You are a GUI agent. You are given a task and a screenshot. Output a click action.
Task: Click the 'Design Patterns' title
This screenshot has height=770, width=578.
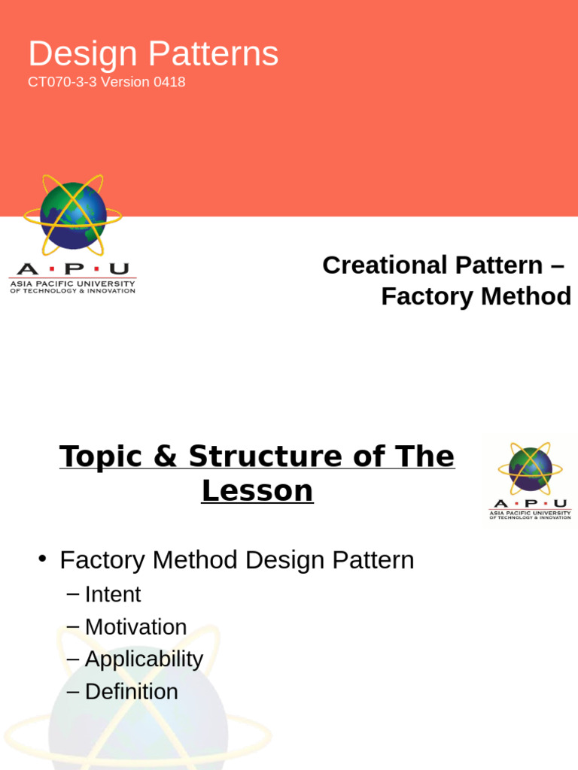click(154, 54)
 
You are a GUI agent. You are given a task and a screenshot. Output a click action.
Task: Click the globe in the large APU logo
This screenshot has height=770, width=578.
click(73, 216)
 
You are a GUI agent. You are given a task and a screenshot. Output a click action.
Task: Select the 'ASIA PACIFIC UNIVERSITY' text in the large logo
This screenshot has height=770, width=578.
click(72, 283)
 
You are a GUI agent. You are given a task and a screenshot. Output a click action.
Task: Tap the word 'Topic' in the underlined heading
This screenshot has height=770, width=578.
click(100, 456)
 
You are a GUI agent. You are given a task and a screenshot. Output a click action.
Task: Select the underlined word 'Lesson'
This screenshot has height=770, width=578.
click(257, 491)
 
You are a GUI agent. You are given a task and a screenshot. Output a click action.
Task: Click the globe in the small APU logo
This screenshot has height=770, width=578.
click(530, 468)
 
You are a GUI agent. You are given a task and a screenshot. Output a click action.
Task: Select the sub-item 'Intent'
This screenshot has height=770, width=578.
click(113, 595)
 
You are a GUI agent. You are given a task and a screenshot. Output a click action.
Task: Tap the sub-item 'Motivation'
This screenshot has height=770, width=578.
click(135, 627)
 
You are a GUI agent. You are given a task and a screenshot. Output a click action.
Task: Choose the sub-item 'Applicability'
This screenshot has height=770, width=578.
click(144, 659)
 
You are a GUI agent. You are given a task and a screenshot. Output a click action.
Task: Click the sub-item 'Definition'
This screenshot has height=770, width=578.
click(132, 692)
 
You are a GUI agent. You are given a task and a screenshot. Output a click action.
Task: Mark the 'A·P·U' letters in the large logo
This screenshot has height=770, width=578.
click(72, 268)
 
